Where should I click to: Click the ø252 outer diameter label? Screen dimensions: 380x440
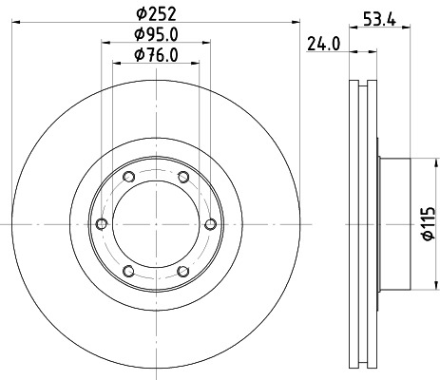coord(155,13)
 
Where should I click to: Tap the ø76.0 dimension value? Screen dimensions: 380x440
coord(155,53)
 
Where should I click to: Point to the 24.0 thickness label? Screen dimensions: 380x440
coord(324,43)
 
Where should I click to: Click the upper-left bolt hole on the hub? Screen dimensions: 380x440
coord(128,177)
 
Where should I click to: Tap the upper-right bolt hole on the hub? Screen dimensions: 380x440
coord(182,177)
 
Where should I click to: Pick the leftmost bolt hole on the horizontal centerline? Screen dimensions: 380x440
coord(101,223)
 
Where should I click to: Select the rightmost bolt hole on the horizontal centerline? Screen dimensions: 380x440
coord(209,223)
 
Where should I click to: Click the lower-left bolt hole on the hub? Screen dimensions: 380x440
coord(128,270)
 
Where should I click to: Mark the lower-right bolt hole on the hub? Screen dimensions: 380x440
coord(182,270)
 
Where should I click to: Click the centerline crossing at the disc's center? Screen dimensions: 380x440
coord(155,223)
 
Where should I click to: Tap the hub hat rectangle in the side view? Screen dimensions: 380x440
coord(394,223)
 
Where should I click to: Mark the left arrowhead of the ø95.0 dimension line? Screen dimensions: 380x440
coord(103,43)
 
